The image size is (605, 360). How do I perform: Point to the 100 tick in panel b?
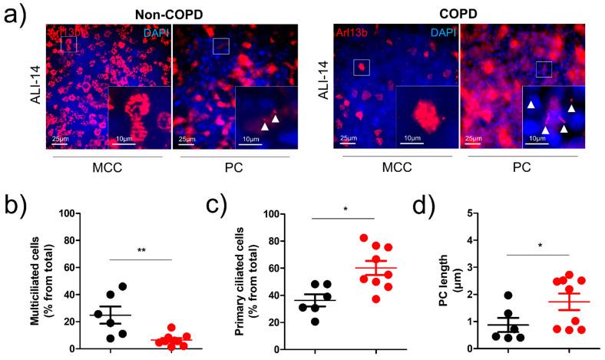point(67,213)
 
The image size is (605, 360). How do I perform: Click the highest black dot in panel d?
point(486,296)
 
